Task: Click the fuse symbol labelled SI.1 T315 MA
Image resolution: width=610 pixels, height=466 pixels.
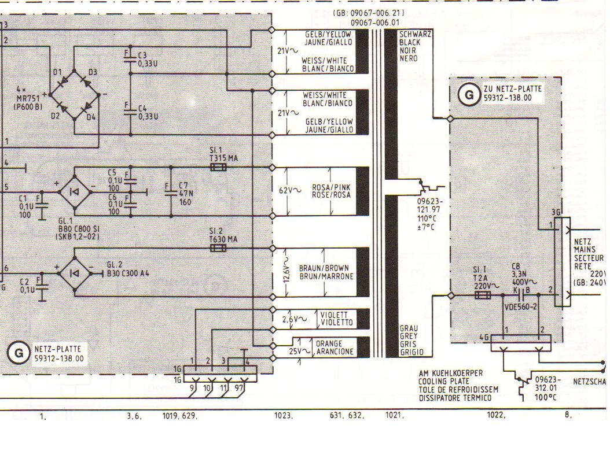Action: (x=218, y=168)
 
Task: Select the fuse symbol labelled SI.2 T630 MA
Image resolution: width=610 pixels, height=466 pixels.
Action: (x=218, y=248)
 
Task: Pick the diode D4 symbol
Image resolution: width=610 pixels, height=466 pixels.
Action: (x=86, y=107)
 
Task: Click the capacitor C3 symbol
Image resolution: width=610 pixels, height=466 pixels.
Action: (x=128, y=59)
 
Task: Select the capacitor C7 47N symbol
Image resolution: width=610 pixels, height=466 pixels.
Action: (x=171, y=191)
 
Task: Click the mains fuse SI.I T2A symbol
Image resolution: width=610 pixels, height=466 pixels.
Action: (x=482, y=295)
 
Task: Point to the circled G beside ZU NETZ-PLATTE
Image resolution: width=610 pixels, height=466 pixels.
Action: (x=469, y=94)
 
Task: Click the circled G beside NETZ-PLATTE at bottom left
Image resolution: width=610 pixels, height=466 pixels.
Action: (x=19, y=352)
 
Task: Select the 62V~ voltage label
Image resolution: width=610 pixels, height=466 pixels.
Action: (x=290, y=190)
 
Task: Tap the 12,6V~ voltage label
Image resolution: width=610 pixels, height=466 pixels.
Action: (x=284, y=271)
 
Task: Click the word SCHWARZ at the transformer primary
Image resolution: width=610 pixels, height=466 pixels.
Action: (x=415, y=35)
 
